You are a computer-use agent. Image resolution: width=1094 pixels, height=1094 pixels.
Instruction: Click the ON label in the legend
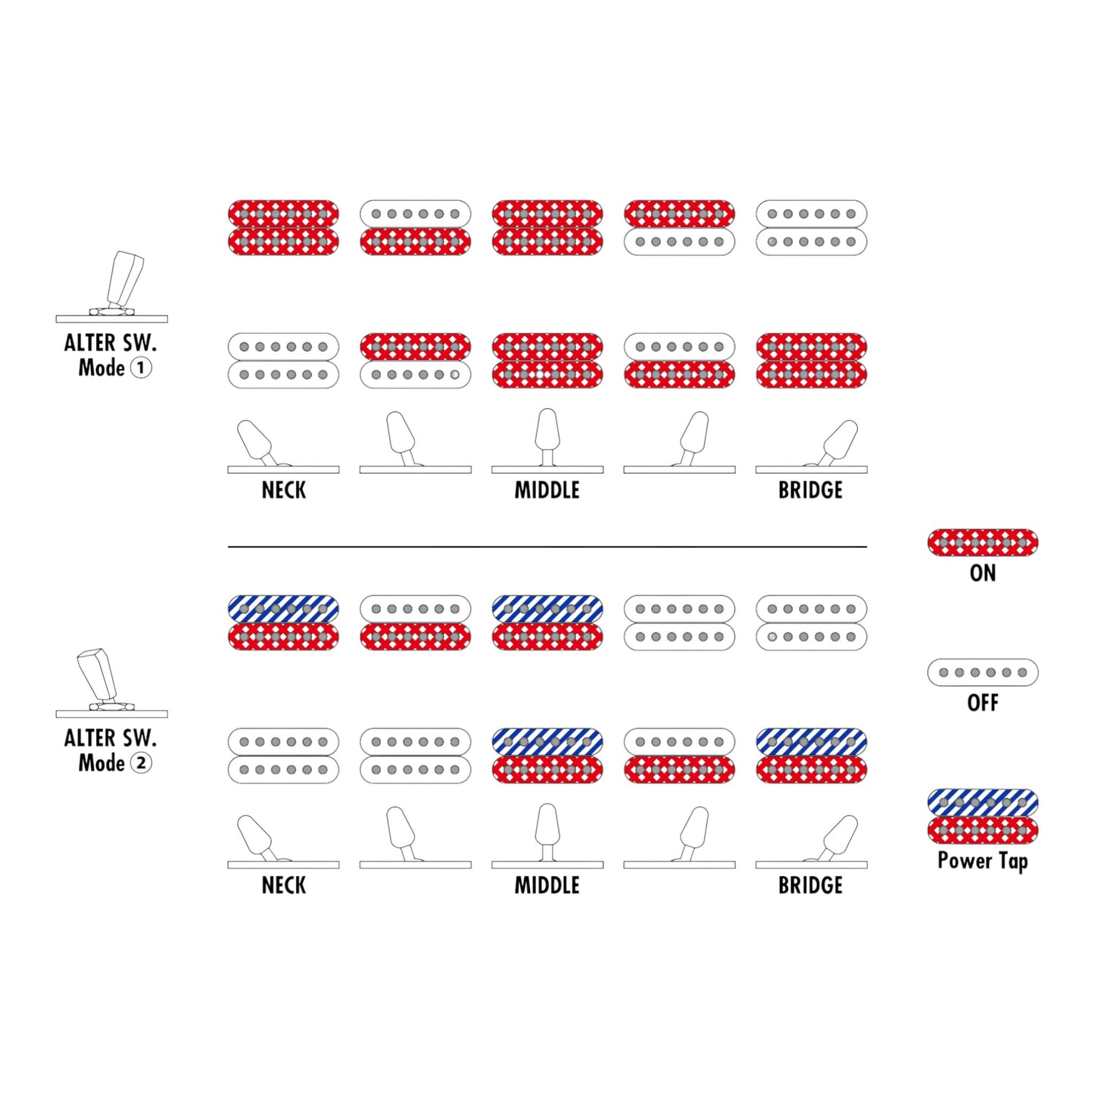[982, 573]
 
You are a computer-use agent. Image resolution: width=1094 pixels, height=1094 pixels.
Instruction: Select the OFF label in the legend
[983, 703]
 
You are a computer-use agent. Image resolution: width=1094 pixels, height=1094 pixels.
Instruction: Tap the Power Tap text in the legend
[983, 862]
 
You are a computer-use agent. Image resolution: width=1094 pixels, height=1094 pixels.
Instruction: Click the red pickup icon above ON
[983, 543]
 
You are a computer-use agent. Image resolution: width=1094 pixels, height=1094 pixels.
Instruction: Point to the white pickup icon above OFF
[983, 673]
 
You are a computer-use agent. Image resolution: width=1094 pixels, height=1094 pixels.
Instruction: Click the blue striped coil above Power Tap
[983, 803]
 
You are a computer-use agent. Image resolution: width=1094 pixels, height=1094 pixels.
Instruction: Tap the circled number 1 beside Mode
[142, 368]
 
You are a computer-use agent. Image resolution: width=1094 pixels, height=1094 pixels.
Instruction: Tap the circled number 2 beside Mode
[142, 762]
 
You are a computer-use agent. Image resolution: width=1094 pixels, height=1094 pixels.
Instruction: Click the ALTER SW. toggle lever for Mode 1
[125, 280]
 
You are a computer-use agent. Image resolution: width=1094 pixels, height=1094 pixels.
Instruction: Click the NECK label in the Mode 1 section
[283, 490]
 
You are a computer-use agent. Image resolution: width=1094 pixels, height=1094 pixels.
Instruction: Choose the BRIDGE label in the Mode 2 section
[811, 885]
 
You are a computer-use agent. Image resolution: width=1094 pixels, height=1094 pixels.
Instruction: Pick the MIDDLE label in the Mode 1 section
[547, 490]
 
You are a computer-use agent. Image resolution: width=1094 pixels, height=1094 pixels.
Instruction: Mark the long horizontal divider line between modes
[547, 547]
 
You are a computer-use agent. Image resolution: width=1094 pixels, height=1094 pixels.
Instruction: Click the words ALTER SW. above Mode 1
[110, 343]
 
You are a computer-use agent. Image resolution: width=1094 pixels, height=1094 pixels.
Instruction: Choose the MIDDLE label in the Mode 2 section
[547, 885]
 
